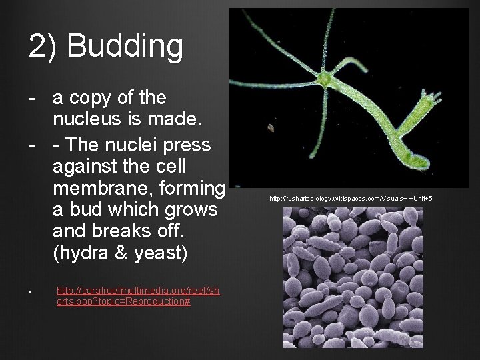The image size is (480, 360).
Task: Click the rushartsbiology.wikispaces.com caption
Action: [351, 199]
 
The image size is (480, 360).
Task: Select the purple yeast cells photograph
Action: [352, 277]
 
